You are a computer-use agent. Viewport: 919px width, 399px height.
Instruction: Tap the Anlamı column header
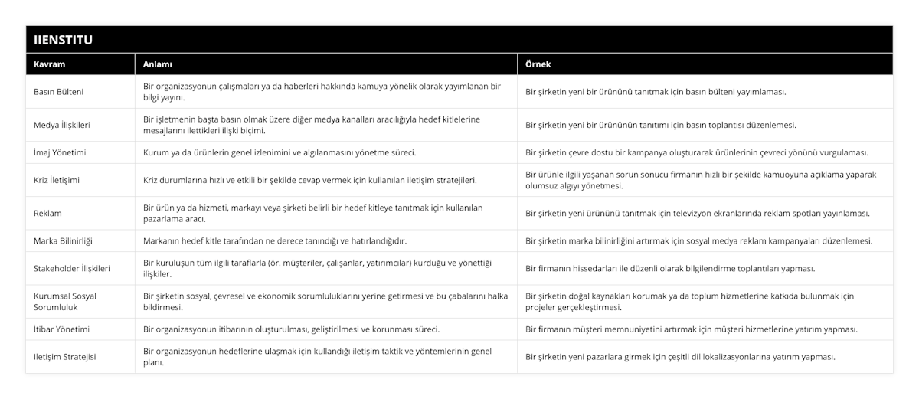[158, 64]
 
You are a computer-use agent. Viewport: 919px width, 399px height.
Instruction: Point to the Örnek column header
[538, 64]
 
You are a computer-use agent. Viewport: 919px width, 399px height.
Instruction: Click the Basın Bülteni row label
[59, 92]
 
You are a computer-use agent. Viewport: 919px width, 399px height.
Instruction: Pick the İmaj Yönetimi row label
[60, 152]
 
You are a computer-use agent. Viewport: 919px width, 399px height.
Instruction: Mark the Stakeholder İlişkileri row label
[73, 268]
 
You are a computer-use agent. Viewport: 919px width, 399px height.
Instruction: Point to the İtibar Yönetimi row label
[62, 329]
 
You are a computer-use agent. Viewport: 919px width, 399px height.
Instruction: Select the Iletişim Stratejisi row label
[64, 356]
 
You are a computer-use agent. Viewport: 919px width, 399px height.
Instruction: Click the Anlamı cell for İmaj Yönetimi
[280, 152]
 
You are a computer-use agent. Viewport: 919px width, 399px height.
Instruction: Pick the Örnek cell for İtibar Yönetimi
[691, 329]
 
